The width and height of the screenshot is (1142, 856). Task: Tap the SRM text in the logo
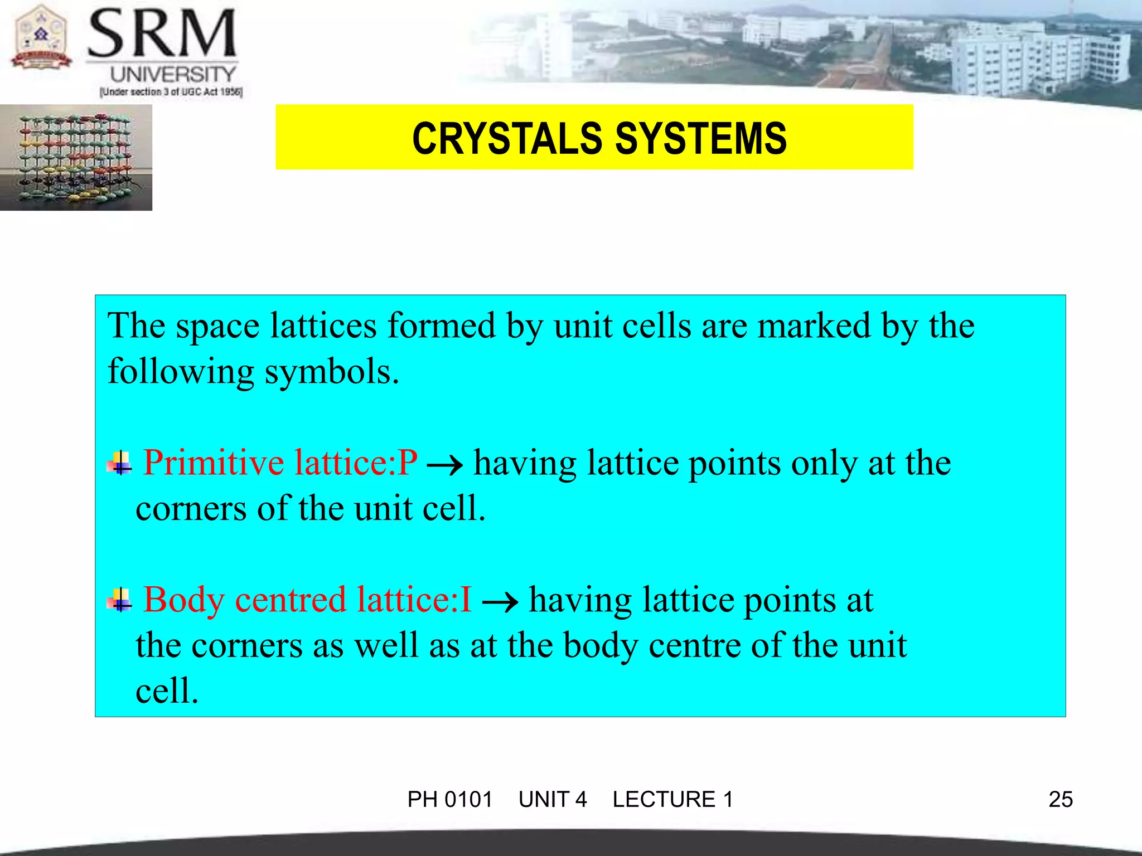(x=162, y=35)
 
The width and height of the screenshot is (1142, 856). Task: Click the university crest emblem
(x=40, y=38)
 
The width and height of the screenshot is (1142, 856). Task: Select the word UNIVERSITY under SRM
(x=173, y=74)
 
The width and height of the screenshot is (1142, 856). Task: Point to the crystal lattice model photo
(x=76, y=157)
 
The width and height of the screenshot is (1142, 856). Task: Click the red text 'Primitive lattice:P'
(x=280, y=463)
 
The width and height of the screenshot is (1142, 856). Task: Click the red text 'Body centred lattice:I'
(x=308, y=600)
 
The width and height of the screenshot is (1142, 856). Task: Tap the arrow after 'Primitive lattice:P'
(x=444, y=465)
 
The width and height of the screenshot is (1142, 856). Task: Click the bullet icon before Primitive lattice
(x=120, y=463)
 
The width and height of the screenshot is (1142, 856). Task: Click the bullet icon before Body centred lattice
(x=120, y=600)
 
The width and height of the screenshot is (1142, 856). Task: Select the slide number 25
(x=1060, y=799)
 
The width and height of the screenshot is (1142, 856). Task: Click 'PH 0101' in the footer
(x=449, y=799)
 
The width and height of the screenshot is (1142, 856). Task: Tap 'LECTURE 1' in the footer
(x=672, y=799)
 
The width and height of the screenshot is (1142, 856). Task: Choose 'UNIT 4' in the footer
(x=552, y=799)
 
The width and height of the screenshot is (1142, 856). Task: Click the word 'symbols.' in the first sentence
(x=331, y=372)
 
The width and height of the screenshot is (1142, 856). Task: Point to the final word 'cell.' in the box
(x=167, y=691)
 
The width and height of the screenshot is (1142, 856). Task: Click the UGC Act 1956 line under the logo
(x=171, y=92)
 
